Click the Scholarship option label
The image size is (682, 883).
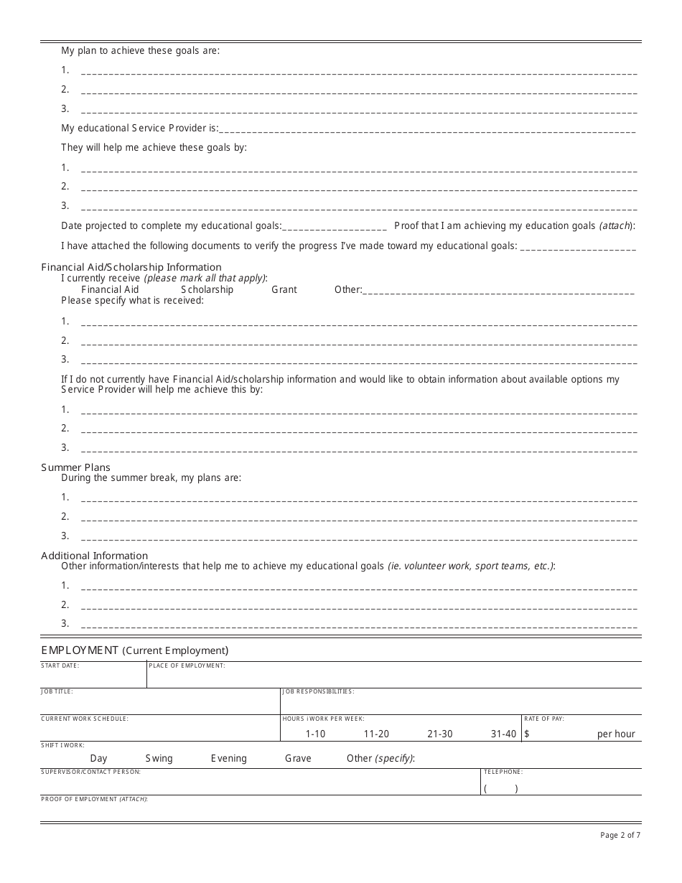tap(207, 289)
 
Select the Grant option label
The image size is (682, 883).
tap(284, 289)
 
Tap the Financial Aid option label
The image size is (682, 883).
tap(110, 289)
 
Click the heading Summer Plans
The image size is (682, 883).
tap(75, 467)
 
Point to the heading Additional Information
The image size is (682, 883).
tap(94, 556)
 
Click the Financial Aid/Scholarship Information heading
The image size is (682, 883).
tap(131, 267)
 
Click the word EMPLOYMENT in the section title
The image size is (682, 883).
tap(80, 650)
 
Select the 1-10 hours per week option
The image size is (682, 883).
tap(315, 734)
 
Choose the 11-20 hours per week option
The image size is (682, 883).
tap(376, 734)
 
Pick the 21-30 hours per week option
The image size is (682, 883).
tap(439, 734)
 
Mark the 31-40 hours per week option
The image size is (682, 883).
tap(503, 734)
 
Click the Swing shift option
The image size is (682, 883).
tap(159, 758)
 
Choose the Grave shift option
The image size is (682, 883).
tap(298, 758)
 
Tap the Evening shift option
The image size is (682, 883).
tap(228, 758)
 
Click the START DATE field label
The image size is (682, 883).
tap(60, 665)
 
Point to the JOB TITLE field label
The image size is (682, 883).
tap(57, 691)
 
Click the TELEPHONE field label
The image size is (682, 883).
tap(503, 772)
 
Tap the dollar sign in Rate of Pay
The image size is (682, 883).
tap(527, 734)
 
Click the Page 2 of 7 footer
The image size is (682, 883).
tap(620, 835)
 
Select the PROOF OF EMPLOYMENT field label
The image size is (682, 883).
tap(94, 799)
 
